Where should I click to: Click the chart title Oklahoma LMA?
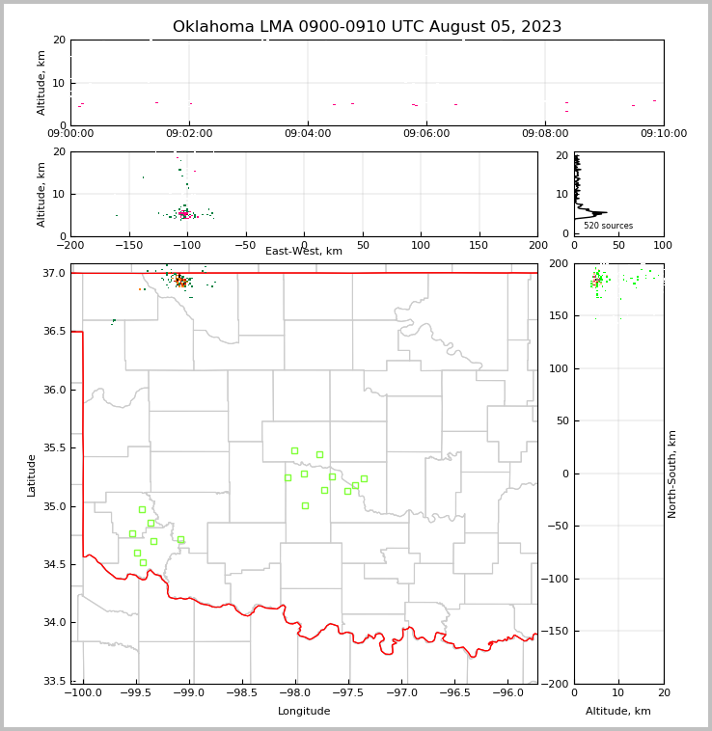[x=367, y=27]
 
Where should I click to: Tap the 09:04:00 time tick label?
[x=308, y=134]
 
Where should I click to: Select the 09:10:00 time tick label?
[x=664, y=134]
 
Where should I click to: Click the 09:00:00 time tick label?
[x=70, y=134]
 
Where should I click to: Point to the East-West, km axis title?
[x=304, y=252]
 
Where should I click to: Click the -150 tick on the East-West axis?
[x=128, y=245]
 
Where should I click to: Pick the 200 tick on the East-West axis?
[x=537, y=245]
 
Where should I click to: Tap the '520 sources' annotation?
[x=608, y=226]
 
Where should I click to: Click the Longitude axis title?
[x=304, y=712]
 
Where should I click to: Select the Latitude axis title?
[x=32, y=474]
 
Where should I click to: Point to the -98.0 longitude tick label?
[x=294, y=693]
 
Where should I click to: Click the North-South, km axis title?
[x=672, y=474]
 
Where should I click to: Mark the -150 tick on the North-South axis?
[x=558, y=632]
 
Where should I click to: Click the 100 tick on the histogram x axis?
[x=664, y=245]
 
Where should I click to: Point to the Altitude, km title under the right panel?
[x=618, y=712]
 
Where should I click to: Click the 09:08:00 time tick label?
[x=545, y=134]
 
